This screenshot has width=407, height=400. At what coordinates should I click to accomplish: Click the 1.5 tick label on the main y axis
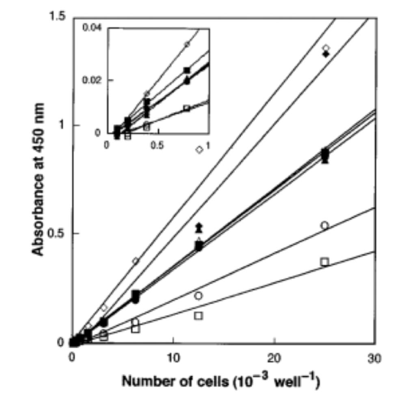(58, 17)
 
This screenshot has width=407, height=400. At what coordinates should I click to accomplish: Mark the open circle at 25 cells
(325, 225)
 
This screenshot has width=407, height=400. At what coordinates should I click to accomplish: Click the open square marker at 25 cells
(325, 262)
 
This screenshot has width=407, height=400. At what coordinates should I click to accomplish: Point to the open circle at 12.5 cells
(198, 296)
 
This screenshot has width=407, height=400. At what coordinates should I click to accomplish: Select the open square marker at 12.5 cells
(198, 316)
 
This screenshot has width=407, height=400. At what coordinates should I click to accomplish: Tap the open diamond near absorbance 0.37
(136, 261)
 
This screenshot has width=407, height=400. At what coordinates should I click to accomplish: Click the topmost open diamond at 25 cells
(325, 48)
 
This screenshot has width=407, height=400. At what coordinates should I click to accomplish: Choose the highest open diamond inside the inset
(187, 44)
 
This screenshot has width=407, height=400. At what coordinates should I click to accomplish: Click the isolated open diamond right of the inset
(199, 150)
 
